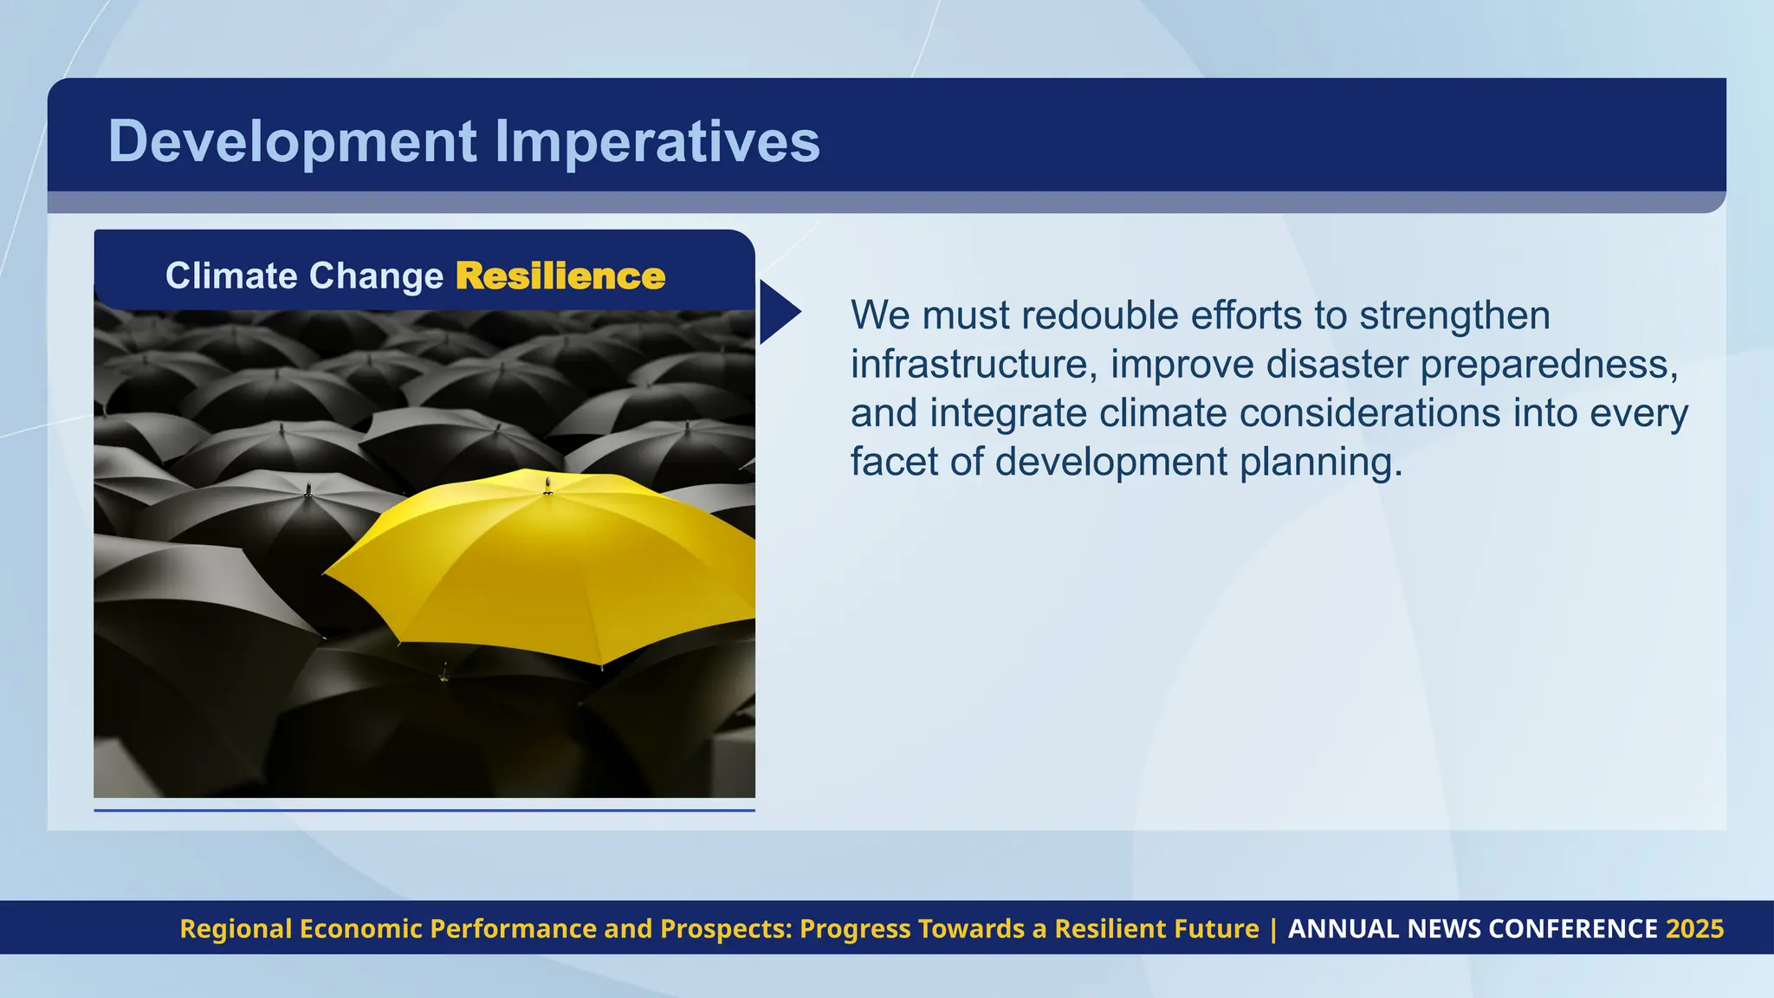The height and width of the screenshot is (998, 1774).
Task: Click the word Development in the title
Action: click(292, 141)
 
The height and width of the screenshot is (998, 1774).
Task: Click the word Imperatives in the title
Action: click(657, 141)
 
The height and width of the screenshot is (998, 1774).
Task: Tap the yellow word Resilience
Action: click(560, 276)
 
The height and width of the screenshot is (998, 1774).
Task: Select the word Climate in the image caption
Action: click(231, 276)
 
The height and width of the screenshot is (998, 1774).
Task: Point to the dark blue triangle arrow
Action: click(776, 312)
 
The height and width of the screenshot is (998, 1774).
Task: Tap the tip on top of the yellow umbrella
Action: click(547, 483)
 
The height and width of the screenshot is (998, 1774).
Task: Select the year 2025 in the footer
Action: click(1694, 929)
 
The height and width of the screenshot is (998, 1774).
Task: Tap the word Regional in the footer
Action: click(236, 929)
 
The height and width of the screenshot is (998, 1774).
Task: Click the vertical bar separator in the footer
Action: click(1273, 929)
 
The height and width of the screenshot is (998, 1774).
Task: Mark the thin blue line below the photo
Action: click(424, 810)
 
